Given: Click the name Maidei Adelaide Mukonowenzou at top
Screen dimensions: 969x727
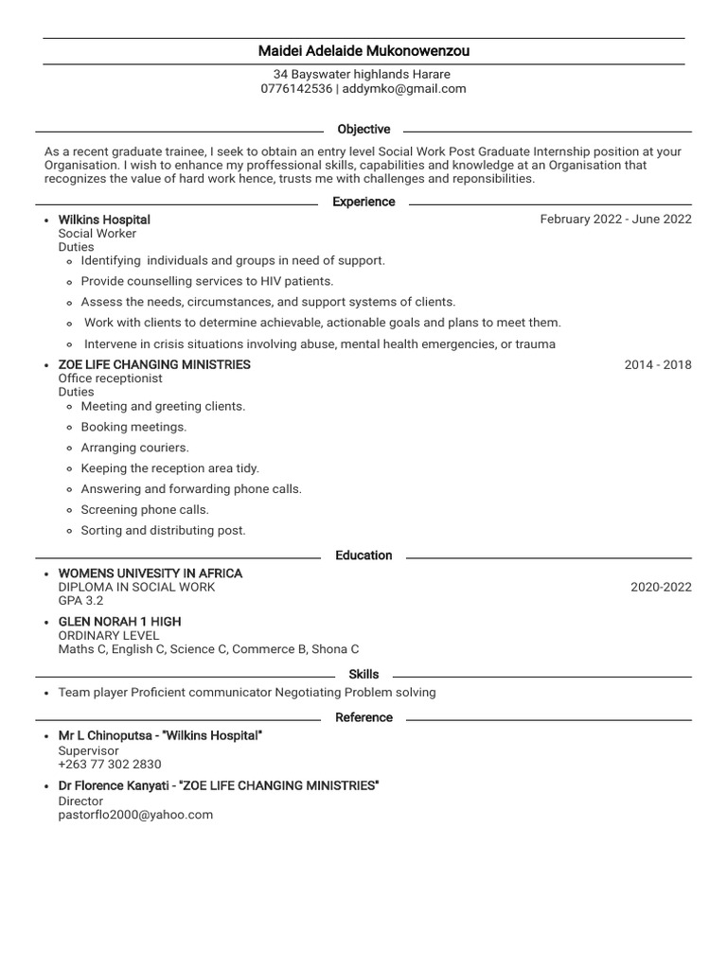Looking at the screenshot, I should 363,51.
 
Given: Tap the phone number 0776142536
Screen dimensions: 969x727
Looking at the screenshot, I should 296,89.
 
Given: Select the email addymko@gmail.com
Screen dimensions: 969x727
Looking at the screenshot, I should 404,89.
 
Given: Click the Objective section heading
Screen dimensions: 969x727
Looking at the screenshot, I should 363,130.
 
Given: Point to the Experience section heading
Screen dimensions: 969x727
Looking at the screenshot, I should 363,202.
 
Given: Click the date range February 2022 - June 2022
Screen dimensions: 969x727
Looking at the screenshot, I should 615,220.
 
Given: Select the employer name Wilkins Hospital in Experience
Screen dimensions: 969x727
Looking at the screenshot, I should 104,220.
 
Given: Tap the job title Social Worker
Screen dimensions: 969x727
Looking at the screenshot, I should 98,234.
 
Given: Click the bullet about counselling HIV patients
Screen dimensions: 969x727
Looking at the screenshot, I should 207,281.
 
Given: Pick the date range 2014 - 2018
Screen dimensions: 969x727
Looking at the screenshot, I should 658,364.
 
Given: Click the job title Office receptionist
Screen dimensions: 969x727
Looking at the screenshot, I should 111,379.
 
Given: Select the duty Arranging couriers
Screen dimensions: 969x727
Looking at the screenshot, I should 134,448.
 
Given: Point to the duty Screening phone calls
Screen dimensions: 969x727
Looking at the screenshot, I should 145,510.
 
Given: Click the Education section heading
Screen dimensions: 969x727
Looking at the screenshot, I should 363,555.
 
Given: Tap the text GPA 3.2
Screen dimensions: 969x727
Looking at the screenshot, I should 81,601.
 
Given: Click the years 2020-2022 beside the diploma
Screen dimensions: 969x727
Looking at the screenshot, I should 661,587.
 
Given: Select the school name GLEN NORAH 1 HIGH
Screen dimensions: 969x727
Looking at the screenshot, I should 119,622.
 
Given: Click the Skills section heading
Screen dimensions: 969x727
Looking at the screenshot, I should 363,675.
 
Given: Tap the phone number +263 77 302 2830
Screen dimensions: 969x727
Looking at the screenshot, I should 110,765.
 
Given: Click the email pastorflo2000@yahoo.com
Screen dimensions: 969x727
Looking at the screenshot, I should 135,815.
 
